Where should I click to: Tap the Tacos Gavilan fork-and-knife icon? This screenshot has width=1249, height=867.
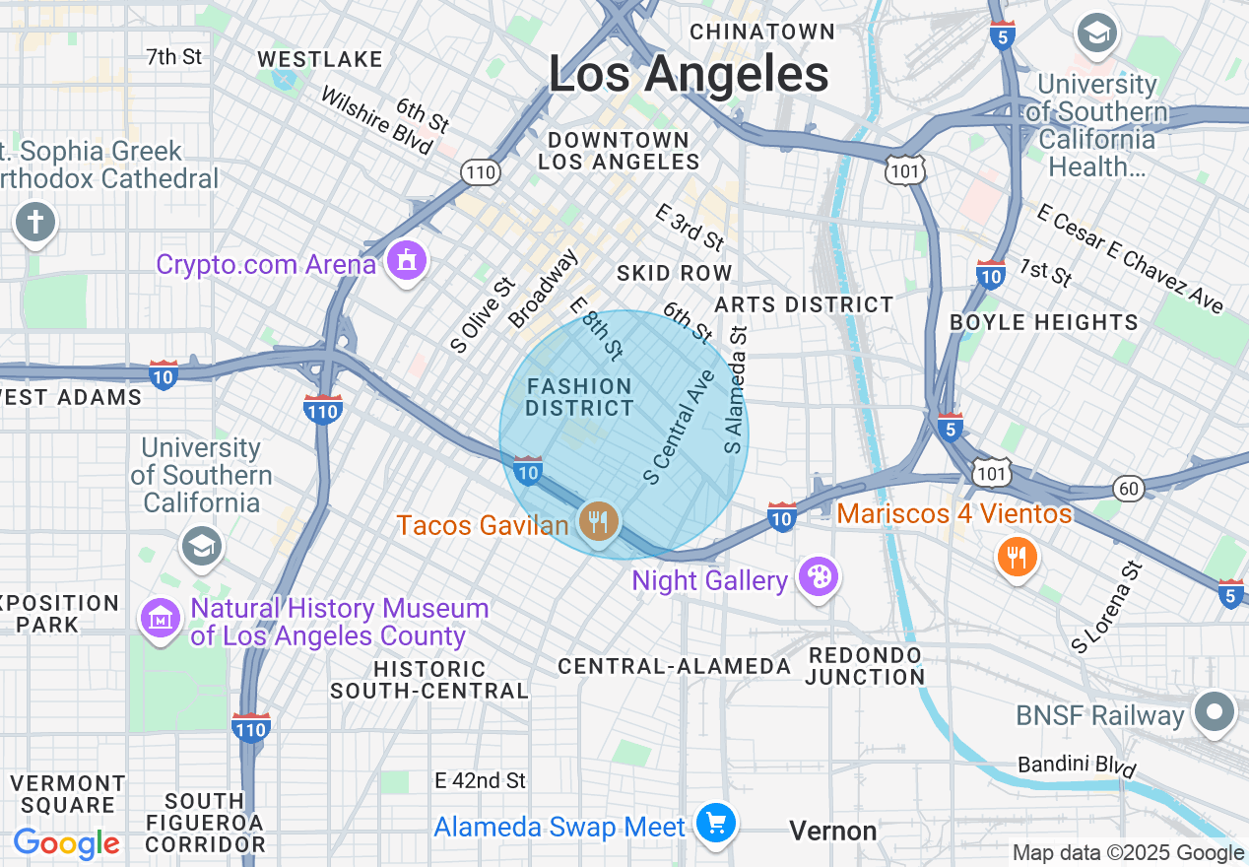[597, 521]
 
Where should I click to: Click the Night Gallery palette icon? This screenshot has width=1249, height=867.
[818, 576]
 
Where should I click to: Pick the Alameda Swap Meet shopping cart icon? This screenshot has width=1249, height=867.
[715, 823]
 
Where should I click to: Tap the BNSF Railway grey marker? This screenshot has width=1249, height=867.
[1214, 712]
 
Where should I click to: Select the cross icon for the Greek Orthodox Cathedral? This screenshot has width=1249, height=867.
[35, 222]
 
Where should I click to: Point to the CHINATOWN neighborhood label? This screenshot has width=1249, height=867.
[762, 32]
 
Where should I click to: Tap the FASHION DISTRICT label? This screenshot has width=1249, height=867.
[579, 397]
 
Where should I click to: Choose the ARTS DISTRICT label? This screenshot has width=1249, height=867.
[804, 304]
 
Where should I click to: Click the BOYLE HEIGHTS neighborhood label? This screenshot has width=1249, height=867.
[1043, 322]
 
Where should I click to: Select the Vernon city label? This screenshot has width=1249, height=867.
[832, 832]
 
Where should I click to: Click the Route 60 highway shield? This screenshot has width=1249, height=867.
[1128, 488]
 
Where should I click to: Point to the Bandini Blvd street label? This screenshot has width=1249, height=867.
[1077, 767]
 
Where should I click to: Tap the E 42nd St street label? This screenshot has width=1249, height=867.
[481, 780]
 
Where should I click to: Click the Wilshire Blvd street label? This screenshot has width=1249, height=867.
[376, 121]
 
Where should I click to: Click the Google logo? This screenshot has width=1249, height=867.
[66, 843]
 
